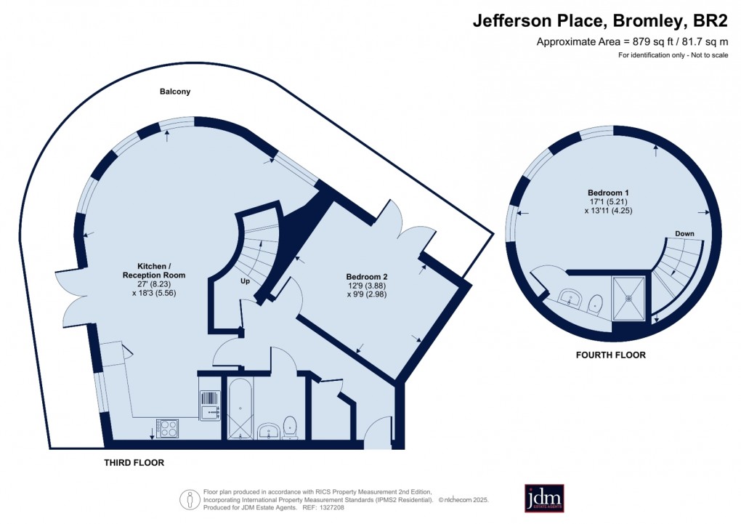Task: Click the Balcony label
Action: (x=175, y=92)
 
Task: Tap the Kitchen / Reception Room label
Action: (x=153, y=270)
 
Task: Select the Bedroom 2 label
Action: (x=367, y=277)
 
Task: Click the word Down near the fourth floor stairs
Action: (x=684, y=234)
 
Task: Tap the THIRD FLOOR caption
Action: (x=134, y=462)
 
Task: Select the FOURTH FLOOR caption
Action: (x=610, y=355)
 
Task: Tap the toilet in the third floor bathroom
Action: (x=291, y=427)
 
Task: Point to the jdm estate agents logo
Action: (x=544, y=499)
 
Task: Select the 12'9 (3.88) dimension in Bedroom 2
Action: (x=367, y=286)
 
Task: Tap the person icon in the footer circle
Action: (x=190, y=499)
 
